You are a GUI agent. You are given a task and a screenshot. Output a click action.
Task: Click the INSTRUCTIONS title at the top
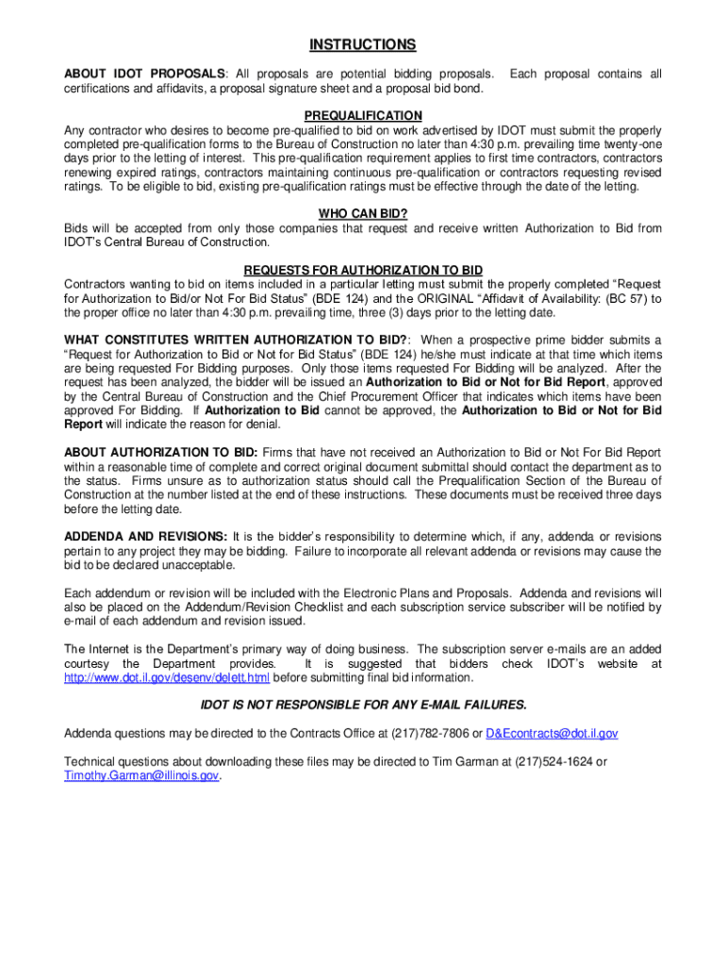tap(363, 44)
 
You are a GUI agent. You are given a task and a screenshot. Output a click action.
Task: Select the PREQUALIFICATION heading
tap(363, 114)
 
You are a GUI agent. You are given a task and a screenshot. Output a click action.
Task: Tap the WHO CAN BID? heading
tap(363, 213)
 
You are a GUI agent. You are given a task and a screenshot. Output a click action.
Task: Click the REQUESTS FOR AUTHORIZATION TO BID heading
tap(363, 269)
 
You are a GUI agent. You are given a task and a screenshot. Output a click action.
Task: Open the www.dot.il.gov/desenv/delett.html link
tap(167, 677)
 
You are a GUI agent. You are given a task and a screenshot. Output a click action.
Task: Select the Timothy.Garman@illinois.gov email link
tap(141, 775)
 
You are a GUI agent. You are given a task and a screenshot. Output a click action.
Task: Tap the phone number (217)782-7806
tap(437, 733)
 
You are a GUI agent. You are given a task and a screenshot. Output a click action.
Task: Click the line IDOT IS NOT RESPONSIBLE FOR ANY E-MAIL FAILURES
tap(363, 705)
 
